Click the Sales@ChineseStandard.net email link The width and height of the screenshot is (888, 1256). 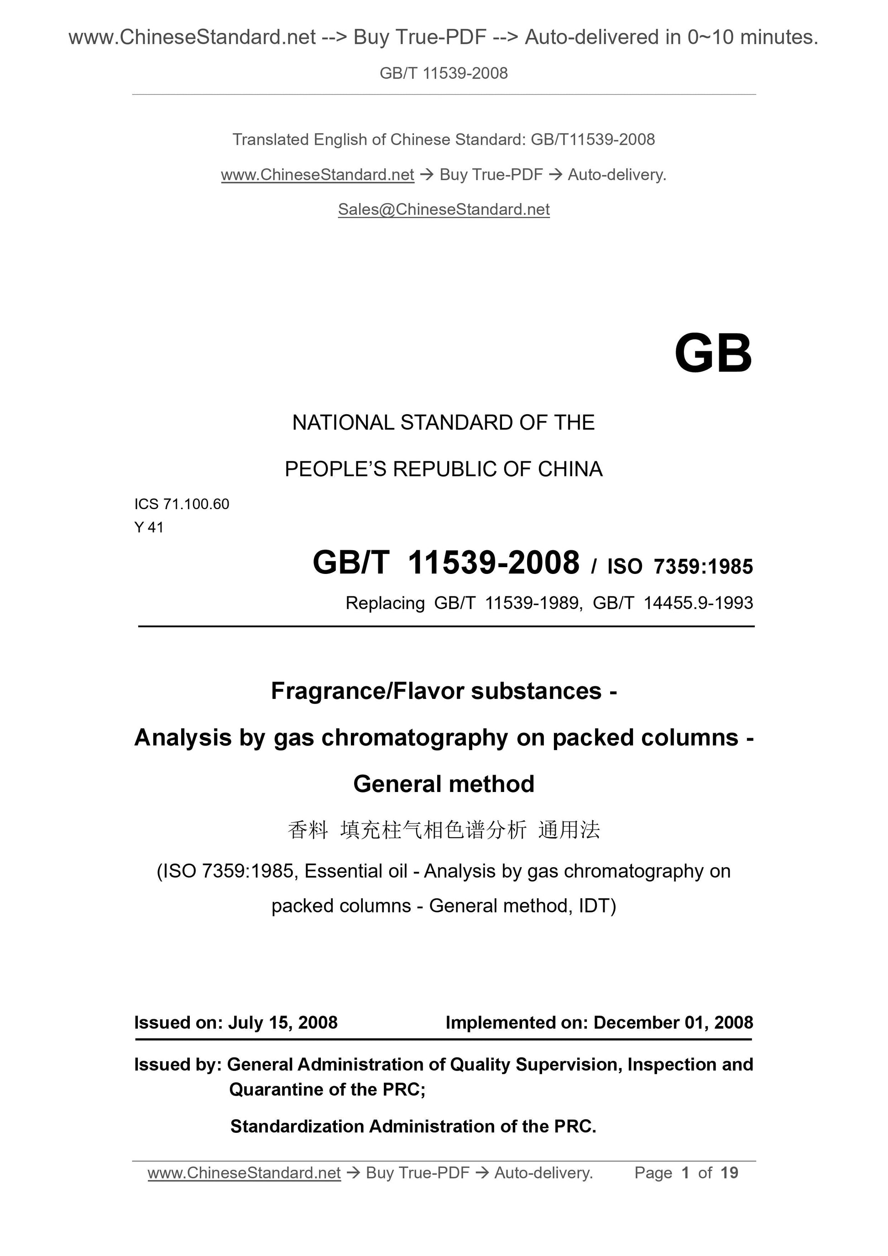pyautogui.click(x=444, y=209)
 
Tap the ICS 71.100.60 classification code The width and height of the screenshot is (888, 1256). pyautogui.click(x=182, y=504)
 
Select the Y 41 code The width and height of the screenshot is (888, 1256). pyautogui.click(x=149, y=527)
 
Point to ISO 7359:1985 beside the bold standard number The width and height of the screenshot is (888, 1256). pyautogui.click(x=680, y=567)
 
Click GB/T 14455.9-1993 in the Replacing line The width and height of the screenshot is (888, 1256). pyautogui.click(x=673, y=603)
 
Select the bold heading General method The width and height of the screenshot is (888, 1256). pyautogui.click(x=444, y=784)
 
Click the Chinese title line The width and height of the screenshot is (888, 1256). pyautogui.click(x=444, y=830)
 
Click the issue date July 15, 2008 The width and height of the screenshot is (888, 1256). pyautogui.click(x=282, y=1022)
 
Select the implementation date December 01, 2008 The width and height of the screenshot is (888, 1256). pyautogui.click(x=673, y=1022)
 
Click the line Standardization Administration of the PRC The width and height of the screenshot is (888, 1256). pyautogui.click(x=413, y=1126)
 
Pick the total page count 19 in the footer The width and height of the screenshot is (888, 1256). pyautogui.click(x=729, y=1173)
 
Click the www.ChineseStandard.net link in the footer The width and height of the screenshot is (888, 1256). pyautogui.click(x=244, y=1173)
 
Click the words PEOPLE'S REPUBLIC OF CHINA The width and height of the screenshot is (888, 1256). pyautogui.click(x=444, y=469)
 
